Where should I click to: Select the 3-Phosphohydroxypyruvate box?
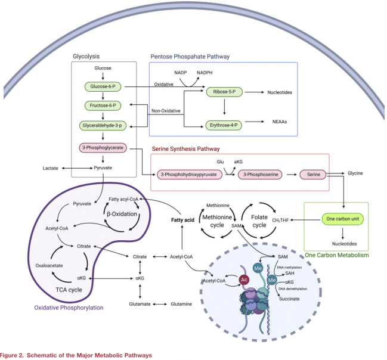(188, 175)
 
